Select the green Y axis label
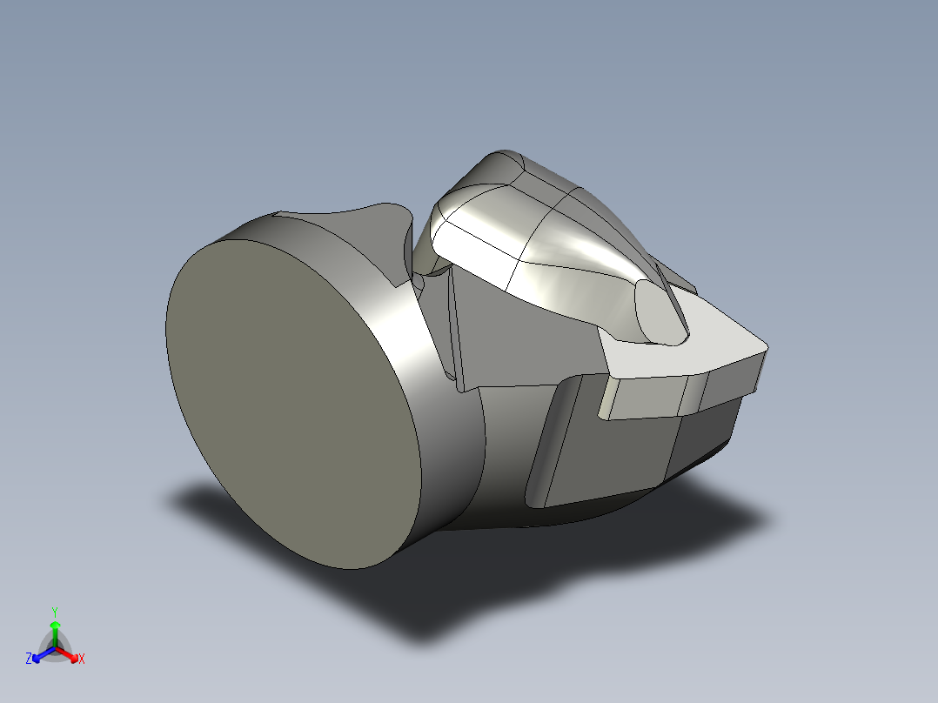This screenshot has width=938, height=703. [54, 611]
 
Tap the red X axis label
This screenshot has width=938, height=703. [82, 659]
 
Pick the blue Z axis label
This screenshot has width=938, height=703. [29, 659]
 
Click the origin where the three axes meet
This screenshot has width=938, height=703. [55, 648]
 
